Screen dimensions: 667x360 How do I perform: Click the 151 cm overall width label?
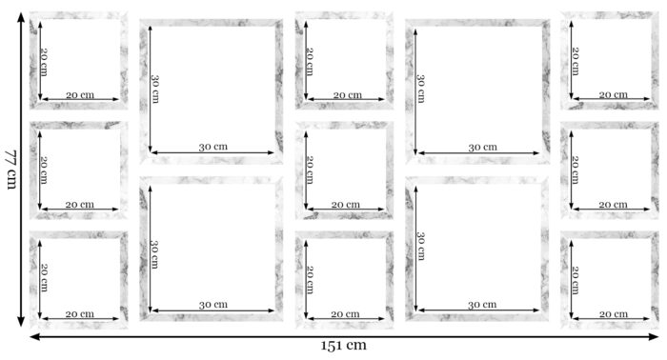(x=343, y=345)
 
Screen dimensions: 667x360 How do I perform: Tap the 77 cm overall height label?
(x=10, y=170)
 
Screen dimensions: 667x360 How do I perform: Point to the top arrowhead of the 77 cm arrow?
(x=21, y=17)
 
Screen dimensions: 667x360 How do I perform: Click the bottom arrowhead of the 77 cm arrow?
(x=21, y=322)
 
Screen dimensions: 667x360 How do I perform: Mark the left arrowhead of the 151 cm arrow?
(x=35, y=336)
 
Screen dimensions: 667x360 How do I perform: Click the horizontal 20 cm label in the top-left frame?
(x=80, y=95)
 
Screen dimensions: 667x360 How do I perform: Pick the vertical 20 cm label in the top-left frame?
(x=44, y=62)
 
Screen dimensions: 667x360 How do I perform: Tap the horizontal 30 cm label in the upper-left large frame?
(x=213, y=147)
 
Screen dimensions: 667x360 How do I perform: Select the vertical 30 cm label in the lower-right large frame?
(x=421, y=246)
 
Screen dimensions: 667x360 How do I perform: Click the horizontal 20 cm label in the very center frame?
(x=345, y=205)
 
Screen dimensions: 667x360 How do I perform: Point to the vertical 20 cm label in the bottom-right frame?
(x=576, y=280)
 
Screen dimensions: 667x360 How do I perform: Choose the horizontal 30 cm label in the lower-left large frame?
(x=213, y=305)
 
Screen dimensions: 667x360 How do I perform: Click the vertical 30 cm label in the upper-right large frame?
(x=421, y=89)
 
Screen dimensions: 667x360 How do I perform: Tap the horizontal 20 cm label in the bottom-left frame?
(x=79, y=314)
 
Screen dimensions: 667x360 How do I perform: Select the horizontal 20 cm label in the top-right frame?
(x=613, y=95)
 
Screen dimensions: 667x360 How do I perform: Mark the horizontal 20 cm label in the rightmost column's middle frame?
(x=613, y=205)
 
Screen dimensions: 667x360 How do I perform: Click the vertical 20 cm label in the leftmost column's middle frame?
(x=44, y=170)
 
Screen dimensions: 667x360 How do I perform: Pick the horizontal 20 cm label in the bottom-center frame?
(x=345, y=314)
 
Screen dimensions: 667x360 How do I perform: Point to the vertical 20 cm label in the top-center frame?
(x=310, y=62)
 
